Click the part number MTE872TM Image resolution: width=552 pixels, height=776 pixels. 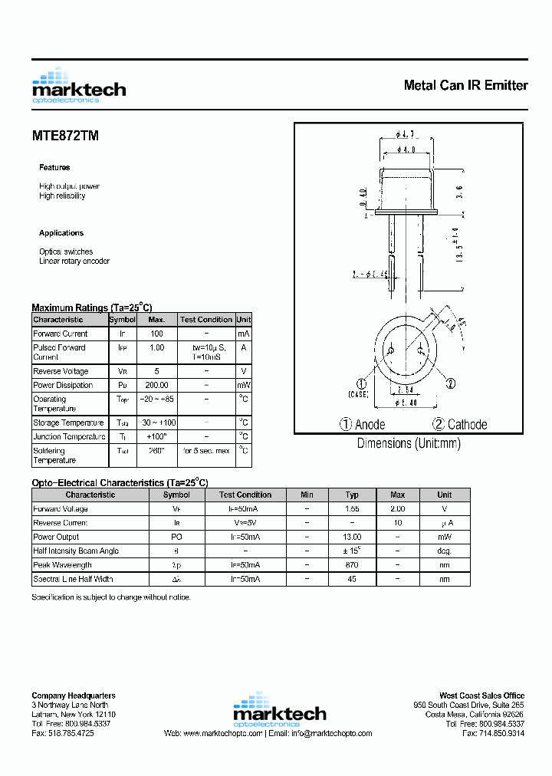(x=65, y=136)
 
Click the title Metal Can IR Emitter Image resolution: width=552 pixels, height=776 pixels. (x=465, y=85)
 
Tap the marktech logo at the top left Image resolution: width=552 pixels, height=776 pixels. (x=78, y=86)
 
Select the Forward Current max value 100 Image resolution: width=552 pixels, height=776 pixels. (x=156, y=334)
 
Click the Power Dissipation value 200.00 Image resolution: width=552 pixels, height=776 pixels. (x=156, y=385)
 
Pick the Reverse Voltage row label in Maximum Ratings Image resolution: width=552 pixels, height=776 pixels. (x=61, y=371)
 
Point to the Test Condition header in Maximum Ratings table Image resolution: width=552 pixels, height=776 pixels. (x=205, y=320)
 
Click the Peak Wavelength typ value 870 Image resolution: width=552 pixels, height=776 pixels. (x=352, y=565)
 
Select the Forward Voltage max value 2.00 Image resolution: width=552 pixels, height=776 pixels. (x=397, y=508)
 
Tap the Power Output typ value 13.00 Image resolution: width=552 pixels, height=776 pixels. (x=352, y=537)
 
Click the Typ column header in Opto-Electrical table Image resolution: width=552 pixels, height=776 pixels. (x=352, y=495)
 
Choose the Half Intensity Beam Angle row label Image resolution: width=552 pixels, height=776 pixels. (x=75, y=551)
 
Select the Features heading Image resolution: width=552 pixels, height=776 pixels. (x=54, y=167)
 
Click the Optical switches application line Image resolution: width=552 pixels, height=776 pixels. (x=66, y=252)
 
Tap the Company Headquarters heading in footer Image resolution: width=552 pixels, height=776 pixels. (x=74, y=695)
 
